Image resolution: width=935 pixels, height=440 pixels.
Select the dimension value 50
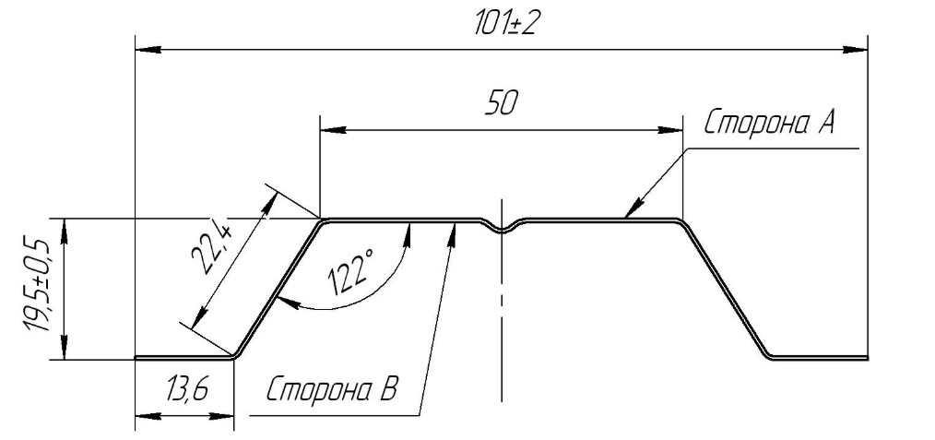(501, 103)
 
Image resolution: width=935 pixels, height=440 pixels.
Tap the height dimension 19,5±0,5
(36, 285)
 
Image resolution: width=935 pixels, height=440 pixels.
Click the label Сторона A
(769, 123)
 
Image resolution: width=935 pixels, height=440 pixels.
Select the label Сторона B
(331, 390)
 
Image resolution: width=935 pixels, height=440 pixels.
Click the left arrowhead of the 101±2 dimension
(148, 50)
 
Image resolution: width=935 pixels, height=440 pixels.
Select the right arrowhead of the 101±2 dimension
(855, 50)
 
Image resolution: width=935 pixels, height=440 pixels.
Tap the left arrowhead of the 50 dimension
(333, 130)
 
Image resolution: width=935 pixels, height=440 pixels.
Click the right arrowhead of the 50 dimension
(669, 130)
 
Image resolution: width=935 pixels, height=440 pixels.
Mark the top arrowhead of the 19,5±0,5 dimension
(64, 232)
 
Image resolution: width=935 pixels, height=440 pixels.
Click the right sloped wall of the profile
(724, 289)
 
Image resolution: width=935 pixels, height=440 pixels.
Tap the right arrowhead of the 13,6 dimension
(220, 415)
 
